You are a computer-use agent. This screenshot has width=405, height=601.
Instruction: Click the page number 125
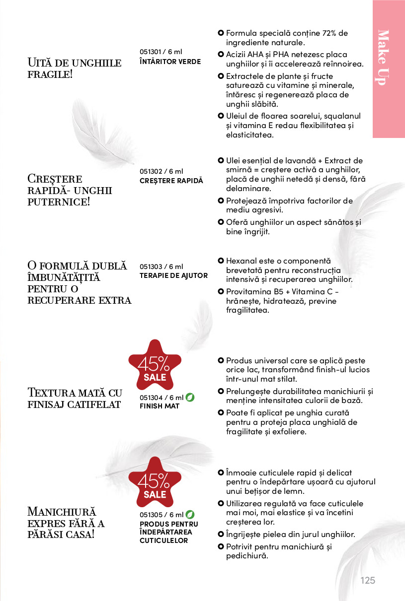point(368,581)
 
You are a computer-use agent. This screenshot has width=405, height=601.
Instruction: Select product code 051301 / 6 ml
point(161,52)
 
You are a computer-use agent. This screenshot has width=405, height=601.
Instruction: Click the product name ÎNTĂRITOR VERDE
point(170,62)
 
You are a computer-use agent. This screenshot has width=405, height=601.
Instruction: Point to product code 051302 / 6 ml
point(161,171)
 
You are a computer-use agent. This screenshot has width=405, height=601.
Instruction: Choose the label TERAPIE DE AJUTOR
point(173,275)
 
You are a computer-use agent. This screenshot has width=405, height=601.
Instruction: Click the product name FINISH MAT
point(160,406)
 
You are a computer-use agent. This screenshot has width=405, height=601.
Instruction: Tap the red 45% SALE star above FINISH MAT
point(155,368)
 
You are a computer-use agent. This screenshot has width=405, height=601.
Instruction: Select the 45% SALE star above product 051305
point(155,485)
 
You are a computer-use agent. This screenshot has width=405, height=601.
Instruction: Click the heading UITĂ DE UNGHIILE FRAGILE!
point(75,69)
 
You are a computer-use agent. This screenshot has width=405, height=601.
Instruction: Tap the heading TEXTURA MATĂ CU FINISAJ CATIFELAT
point(75,398)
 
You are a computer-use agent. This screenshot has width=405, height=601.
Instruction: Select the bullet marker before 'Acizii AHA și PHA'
point(221,54)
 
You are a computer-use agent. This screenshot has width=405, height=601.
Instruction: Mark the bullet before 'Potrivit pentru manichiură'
point(221,546)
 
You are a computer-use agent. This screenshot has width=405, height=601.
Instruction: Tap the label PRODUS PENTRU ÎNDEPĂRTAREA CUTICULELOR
point(168,532)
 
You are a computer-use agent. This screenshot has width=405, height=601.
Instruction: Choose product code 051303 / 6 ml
point(161,267)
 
